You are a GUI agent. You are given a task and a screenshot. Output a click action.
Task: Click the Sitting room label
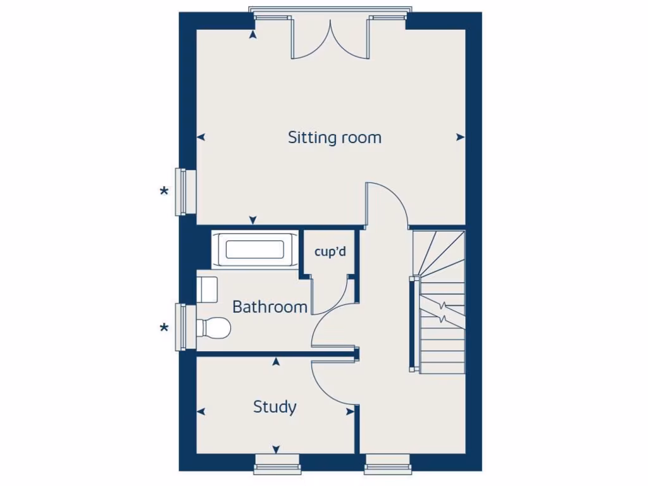pyautogui.click(x=335, y=137)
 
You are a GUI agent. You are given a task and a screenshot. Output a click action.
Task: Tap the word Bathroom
pyautogui.click(x=270, y=308)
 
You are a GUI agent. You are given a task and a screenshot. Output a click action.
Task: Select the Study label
pyautogui.click(x=275, y=407)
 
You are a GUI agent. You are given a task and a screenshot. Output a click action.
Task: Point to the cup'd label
pyautogui.click(x=330, y=251)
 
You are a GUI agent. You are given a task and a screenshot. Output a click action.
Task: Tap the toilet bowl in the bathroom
pyautogui.click(x=213, y=328)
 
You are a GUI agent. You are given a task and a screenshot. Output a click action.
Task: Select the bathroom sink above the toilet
pyautogui.click(x=208, y=289)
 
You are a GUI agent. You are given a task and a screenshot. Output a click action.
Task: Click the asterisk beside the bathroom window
pyautogui.click(x=164, y=327)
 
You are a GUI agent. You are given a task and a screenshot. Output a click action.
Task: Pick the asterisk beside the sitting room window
pyautogui.click(x=164, y=191)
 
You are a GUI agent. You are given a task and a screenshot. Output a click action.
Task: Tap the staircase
pyautogui.click(x=440, y=304)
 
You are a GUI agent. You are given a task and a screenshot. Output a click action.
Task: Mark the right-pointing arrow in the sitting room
pyautogui.click(x=460, y=137)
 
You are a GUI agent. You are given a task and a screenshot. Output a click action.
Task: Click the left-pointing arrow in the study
pyautogui.click(x=201, y=412)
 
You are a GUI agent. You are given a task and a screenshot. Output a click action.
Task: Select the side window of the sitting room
pyautogui.click(x=184, y=191)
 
